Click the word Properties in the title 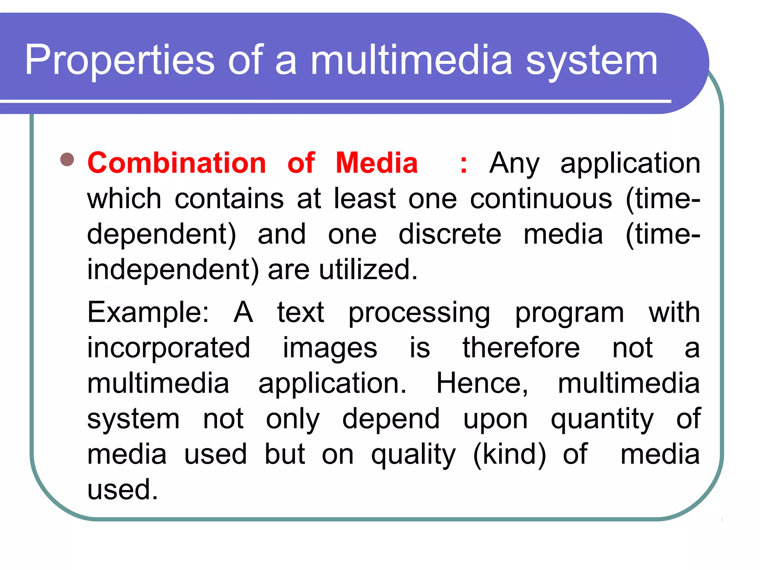click(119, 60)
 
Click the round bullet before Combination click(67, 160)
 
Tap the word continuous click(541, 199)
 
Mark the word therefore click(521, 348)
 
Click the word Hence click(482, 383)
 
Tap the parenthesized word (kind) click(510, 454)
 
